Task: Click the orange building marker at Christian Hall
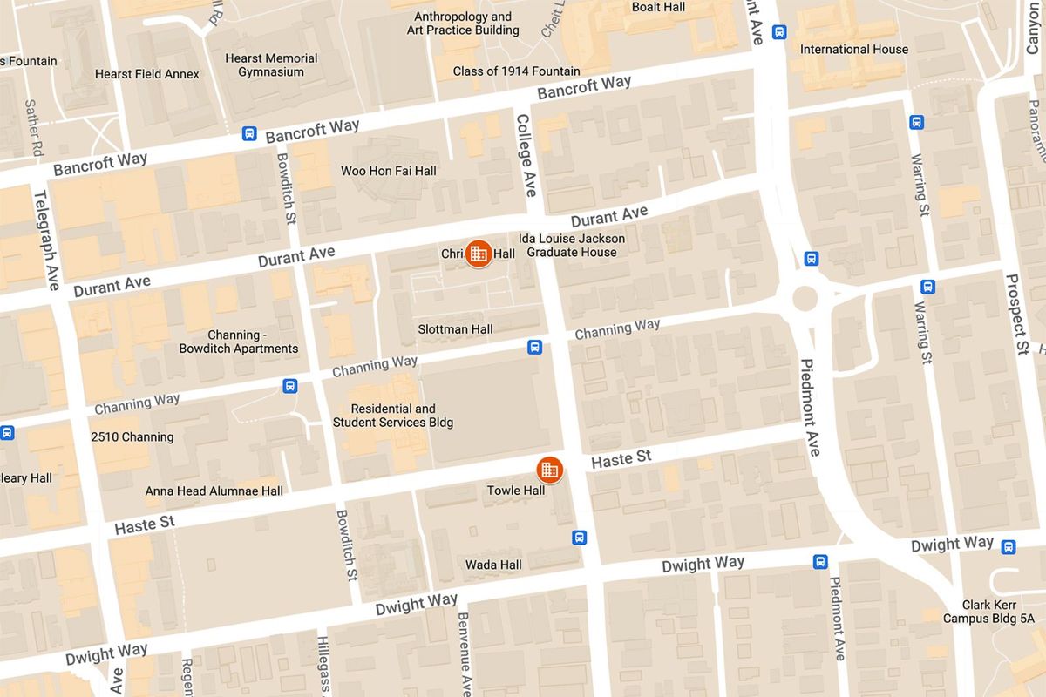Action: (x=478, y=254)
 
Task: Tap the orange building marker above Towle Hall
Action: (x=549, y=470)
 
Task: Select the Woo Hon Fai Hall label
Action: (x=388, y=171)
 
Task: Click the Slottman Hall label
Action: (x=455, y=329)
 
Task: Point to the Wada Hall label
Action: (x=493, y=565)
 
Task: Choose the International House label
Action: (x=853, y=50)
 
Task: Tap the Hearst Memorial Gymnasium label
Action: (x=271, y=65)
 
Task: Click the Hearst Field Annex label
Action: (x=146, y=74)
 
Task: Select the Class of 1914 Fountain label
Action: (x=516, y=71)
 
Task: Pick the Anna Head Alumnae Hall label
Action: (x=214, y=491)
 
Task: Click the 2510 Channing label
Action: (x=132, y=436)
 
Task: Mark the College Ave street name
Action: (x=526, y=155)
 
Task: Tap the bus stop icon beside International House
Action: (x=779, y=32)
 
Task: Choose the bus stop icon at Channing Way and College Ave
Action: (x=535, y=348)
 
